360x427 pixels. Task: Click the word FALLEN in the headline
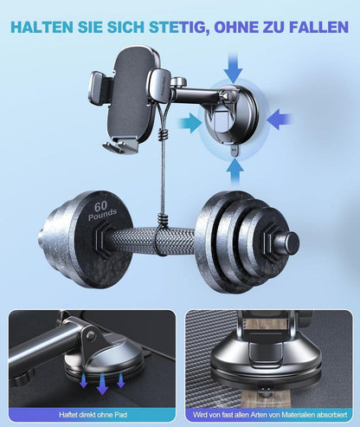[x=319, y=27]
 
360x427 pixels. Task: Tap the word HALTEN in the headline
[x=42, y=27]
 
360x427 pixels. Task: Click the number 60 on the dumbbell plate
[x=100, y=206]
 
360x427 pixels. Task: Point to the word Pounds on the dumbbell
[x=102, y=215]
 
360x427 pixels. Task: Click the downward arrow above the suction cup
[x=234, y=68]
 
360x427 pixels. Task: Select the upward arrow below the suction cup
[x=235, y=171]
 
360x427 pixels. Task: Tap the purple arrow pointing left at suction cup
[x=279, y=120]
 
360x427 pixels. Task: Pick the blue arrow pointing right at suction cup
[x=190, y=123]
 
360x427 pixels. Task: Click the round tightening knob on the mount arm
[x=178, y=81]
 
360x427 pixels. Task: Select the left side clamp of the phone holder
[x=99, y=87]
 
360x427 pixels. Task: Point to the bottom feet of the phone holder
[x=120, y=146]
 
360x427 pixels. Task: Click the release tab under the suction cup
[x=235, y=152]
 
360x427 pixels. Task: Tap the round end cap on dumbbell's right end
[x=289, y=243]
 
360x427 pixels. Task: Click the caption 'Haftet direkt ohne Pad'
[x=93, y=415]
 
